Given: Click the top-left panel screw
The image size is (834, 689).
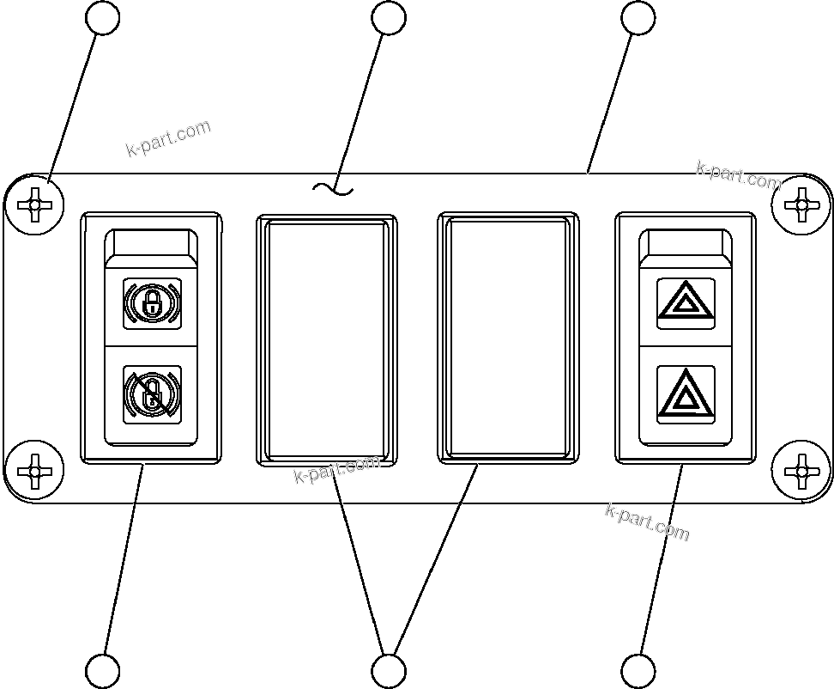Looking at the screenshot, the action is point(34,205).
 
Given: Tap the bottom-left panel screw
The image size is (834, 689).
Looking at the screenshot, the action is point(34,471).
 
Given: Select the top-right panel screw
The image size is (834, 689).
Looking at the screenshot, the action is point(801,205).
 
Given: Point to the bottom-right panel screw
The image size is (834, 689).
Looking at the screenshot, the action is point(801,471).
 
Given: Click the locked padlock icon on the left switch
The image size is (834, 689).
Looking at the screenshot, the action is point(152,302).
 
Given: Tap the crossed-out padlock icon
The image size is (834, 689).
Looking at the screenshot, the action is point(152,394).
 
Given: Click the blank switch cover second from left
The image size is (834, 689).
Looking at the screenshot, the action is point(327,339).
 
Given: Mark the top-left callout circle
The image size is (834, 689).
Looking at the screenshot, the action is point(104,18).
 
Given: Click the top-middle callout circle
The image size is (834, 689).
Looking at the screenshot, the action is point(389,18).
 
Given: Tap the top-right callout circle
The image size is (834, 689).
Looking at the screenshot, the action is point(638,18).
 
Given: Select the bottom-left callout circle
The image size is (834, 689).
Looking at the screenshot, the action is point(104,670).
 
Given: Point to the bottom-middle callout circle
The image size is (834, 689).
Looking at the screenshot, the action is point(389,670).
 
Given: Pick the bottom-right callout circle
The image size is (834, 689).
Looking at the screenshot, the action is point(638,670).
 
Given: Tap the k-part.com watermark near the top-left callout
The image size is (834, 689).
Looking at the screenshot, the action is point(168,139).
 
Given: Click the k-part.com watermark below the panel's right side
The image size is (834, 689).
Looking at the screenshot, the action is point(647,521).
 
